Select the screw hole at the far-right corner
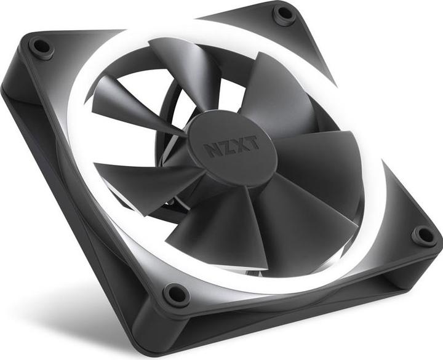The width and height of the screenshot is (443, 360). tap(423, 234)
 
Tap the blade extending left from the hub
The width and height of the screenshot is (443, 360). tap(142, 178)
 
